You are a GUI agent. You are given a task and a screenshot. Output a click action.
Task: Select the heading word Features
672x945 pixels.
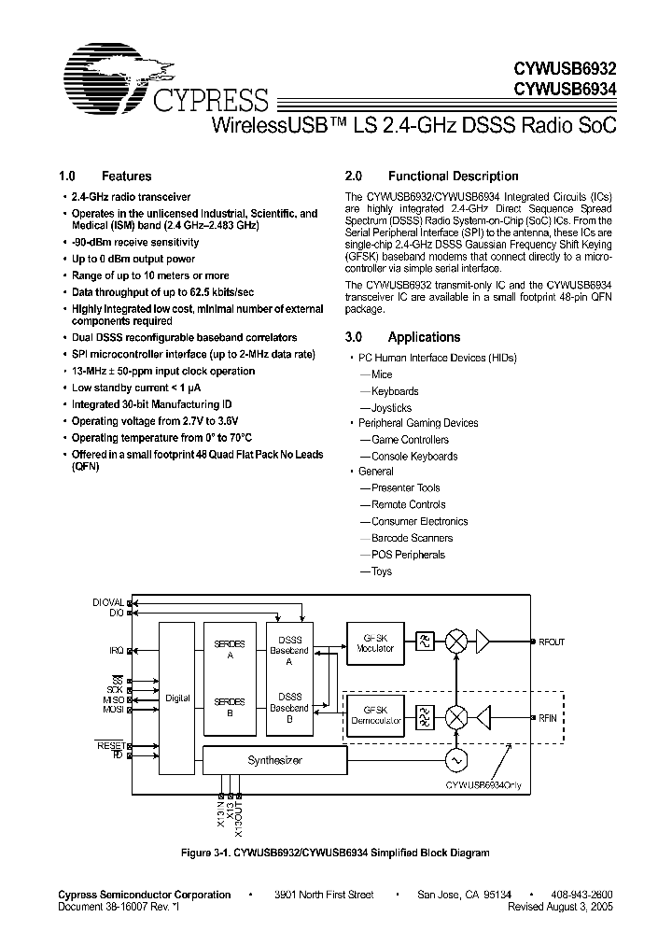pyautogui.click(x=126, y=176)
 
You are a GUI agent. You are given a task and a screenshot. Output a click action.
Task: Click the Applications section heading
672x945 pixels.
pyautogui.click(x=424, y=337)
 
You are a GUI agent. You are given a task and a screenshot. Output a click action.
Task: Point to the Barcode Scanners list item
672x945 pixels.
pyautogui.click(x=412, y=538)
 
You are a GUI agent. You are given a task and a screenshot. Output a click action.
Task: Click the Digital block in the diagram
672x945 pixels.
pyautogui.click(x=177, y=698)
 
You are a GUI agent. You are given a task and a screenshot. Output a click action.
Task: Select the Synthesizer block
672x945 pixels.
pyautogui.click(x=275, y=761)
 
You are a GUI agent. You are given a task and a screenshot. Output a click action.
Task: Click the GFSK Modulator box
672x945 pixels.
pyautogui.click(x=376, y=642)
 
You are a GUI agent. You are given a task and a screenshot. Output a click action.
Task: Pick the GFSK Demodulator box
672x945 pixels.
pyautogui.click(x=376, y=716)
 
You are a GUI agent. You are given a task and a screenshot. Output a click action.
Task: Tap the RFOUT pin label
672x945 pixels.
pyautogui.click(x=551, y=642)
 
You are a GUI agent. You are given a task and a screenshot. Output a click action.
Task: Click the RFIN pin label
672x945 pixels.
pyautogui.click(x=548, y=717)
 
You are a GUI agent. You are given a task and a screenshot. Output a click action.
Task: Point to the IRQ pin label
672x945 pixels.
pyautogui.click(x=116, y=648)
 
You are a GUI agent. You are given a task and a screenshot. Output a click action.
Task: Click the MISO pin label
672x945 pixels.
pyautogui.click(x=113, y=699)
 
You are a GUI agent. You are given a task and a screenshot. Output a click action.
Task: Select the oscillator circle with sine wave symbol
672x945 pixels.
pyautogui.click(x=456, y=761)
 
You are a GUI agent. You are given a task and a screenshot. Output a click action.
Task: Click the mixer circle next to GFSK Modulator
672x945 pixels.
pyautogui.click(x=456, y=642)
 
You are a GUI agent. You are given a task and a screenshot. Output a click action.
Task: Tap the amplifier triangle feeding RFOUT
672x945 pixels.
pyautogui.click(x=485, y=642)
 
